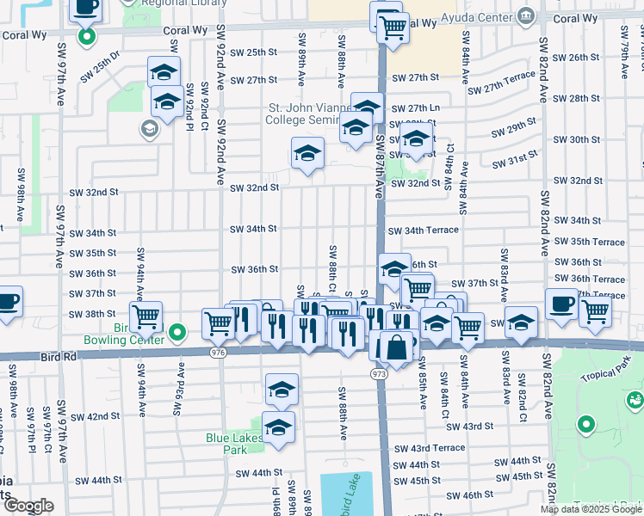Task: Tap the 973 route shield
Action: point(381,376)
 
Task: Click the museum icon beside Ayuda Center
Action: point(525,16)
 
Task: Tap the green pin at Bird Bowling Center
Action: point(178,331)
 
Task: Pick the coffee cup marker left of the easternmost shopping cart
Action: point(561,304)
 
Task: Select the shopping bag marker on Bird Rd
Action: point(397,348)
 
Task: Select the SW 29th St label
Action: point(514,132)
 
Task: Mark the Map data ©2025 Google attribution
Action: point(591,508)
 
